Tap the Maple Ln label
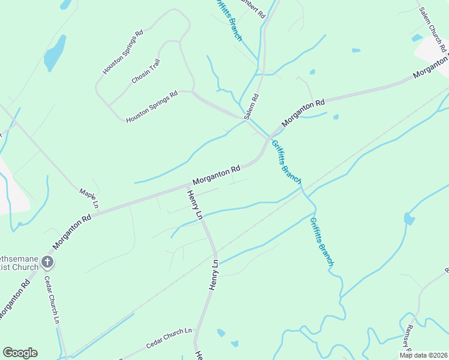(88, 199)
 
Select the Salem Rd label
(252, 106)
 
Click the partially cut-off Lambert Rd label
(252, 8)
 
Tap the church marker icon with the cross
(47, 262)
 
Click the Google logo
(20, 353)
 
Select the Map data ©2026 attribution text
(423, 355)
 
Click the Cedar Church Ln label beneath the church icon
(53, 300)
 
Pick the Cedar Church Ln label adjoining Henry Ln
(168, 339)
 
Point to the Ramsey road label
(407, 338)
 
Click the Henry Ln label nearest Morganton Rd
(195, 204)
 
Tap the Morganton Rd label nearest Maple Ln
(71, 232)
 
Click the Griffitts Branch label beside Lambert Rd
(228, 20)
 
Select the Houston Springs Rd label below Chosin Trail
(152, 107)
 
